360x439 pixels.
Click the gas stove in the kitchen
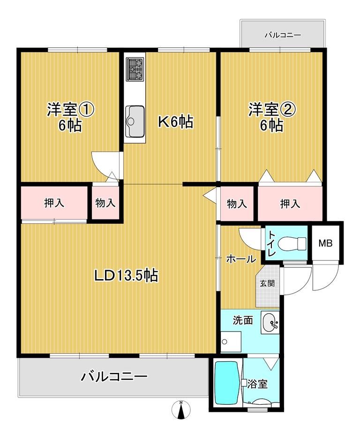click(x=135, y=69)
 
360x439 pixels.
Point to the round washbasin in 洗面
click(x=270, y=323)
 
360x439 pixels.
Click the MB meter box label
click(x=325, y=243)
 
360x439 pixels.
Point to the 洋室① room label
click(x=70, y=110)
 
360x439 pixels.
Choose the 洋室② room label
click(x=272, y=110)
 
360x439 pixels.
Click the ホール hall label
click(x=241, y=259)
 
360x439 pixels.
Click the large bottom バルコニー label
click(x=114, y=377)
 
